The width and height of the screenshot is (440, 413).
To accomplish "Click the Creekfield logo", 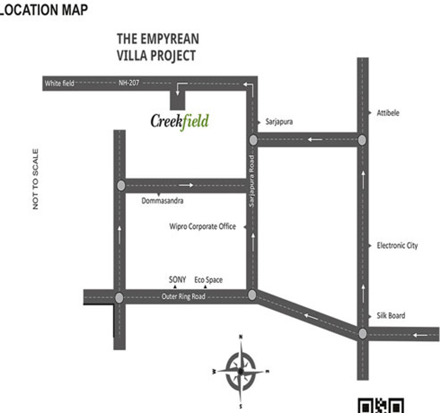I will pos(180,120).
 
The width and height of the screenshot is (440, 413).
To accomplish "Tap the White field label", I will pos(59,83).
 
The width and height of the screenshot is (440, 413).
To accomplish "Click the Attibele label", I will pos(388,113).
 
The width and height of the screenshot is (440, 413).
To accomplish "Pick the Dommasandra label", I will pos(162,201).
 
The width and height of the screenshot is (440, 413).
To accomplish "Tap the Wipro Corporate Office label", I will pos(202,227).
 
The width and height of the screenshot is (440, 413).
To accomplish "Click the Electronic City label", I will pos(397,245).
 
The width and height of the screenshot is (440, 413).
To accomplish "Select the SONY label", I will pos(177,279).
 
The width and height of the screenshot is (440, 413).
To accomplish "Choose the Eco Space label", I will pos(208,280).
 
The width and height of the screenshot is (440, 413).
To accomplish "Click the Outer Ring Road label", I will pos(183,296).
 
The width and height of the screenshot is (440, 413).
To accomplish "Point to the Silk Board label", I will pos(391,315).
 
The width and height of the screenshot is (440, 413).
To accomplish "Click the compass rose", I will pos(241,371).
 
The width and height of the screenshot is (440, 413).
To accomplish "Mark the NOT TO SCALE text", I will pos(36,179).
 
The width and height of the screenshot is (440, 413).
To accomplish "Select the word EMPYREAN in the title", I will pos(170,39).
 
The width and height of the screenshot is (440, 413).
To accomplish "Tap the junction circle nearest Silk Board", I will pos(363,333).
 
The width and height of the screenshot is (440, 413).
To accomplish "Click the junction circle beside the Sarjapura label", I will pos(253,140).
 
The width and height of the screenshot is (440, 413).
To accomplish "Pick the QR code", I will pos(380,406).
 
